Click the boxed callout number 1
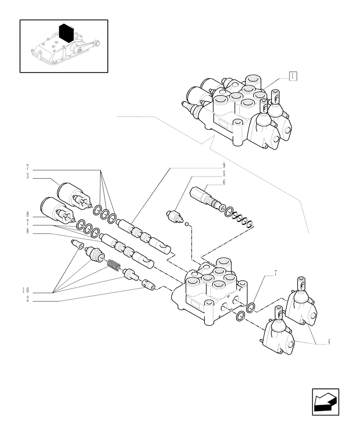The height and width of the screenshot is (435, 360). [x=293, y=77]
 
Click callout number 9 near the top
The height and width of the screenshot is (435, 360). [x=224, y=165]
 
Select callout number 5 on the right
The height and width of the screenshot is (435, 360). [x=224, y=174]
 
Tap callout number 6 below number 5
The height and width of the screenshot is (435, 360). [x=224, y=182]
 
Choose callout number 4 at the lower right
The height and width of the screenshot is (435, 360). [x=329, y=342]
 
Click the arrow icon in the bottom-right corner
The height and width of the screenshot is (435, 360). [x=325, y=402]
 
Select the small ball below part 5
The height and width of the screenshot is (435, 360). [x=186, y=224]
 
